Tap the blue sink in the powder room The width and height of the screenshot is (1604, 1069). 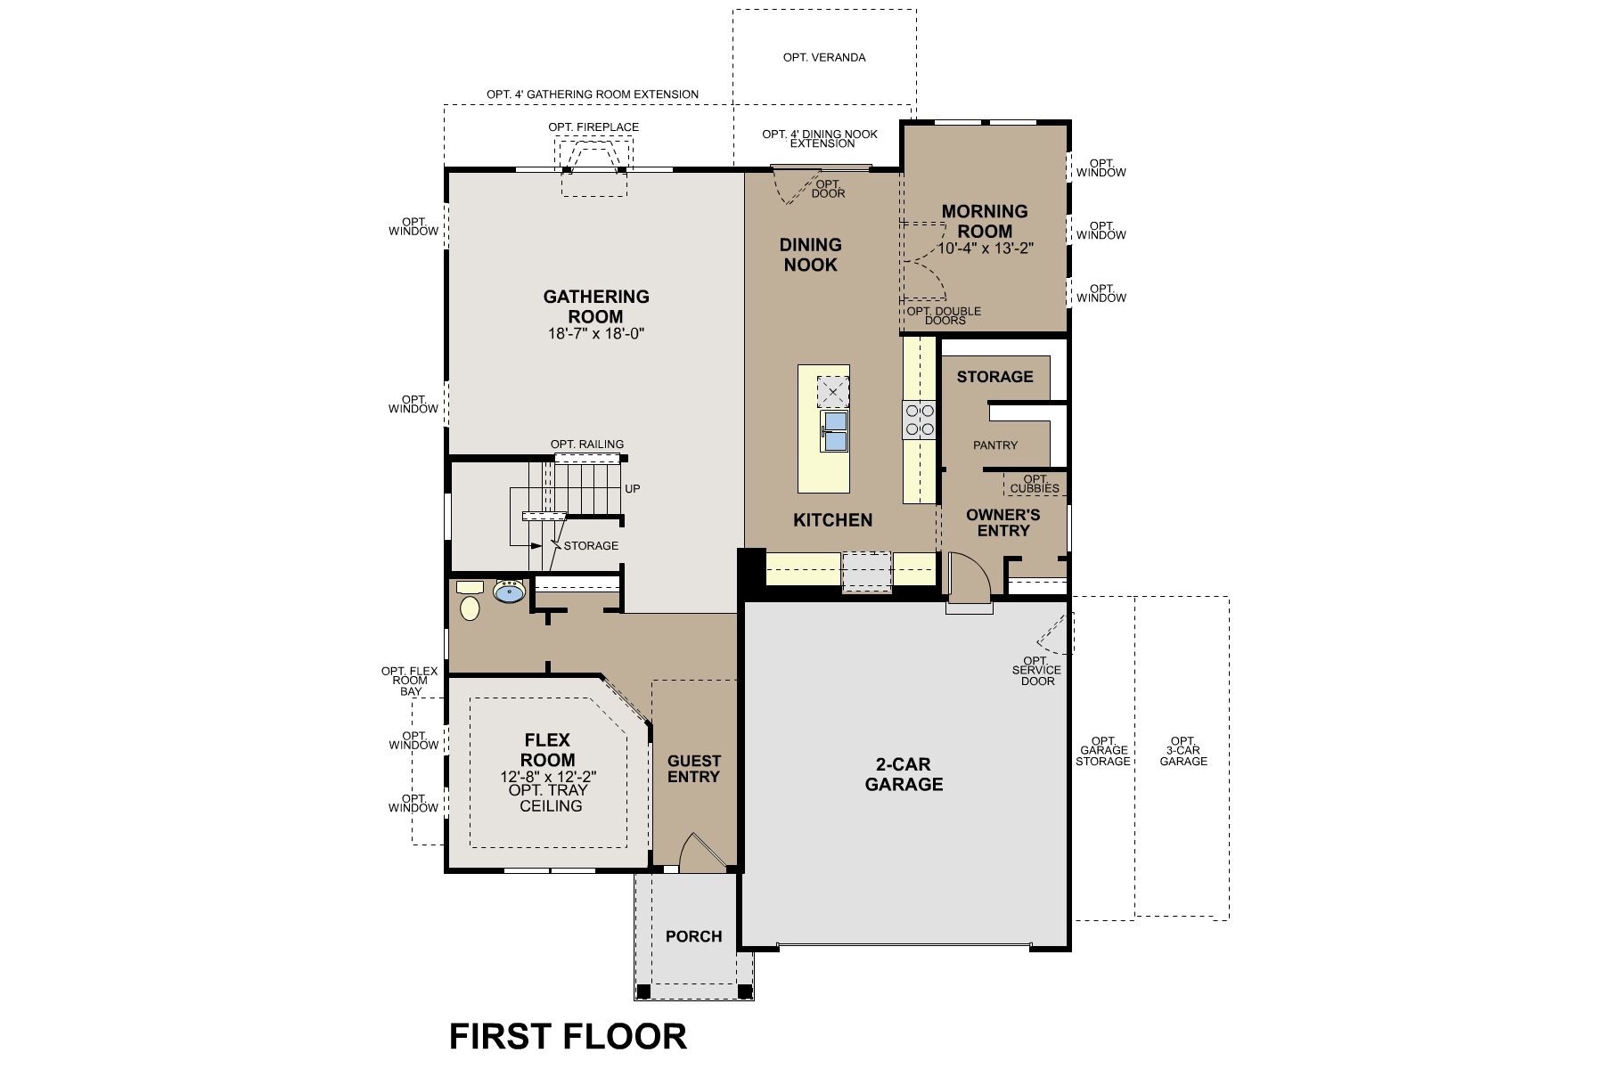tap(510, 592)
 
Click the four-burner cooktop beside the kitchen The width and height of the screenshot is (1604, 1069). tap(919, 420)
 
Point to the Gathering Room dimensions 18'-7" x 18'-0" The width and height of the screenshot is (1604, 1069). tap(596, 334)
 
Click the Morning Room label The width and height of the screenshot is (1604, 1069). tap(985, 221)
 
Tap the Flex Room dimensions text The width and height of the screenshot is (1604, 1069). tap(547, 777)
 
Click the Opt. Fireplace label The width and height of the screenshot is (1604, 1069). tap(593, 127)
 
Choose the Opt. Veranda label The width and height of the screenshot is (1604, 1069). tap(824, 57)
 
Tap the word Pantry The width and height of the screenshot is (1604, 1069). tap(995, 445)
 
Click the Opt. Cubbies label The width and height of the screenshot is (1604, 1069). tap(1035, 484)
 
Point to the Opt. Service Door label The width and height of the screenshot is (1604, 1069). tap(1036, 671)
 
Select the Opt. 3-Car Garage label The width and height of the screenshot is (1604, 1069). tap(1183, 751)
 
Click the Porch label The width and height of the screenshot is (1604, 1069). tap(693, 936)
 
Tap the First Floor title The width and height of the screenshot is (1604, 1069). tap(568, 1036)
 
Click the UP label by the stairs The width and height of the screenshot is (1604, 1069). tap(632, 489)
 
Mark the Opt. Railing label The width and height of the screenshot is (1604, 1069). tap(586, 444)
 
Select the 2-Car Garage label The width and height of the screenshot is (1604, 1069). tap(904, 774)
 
